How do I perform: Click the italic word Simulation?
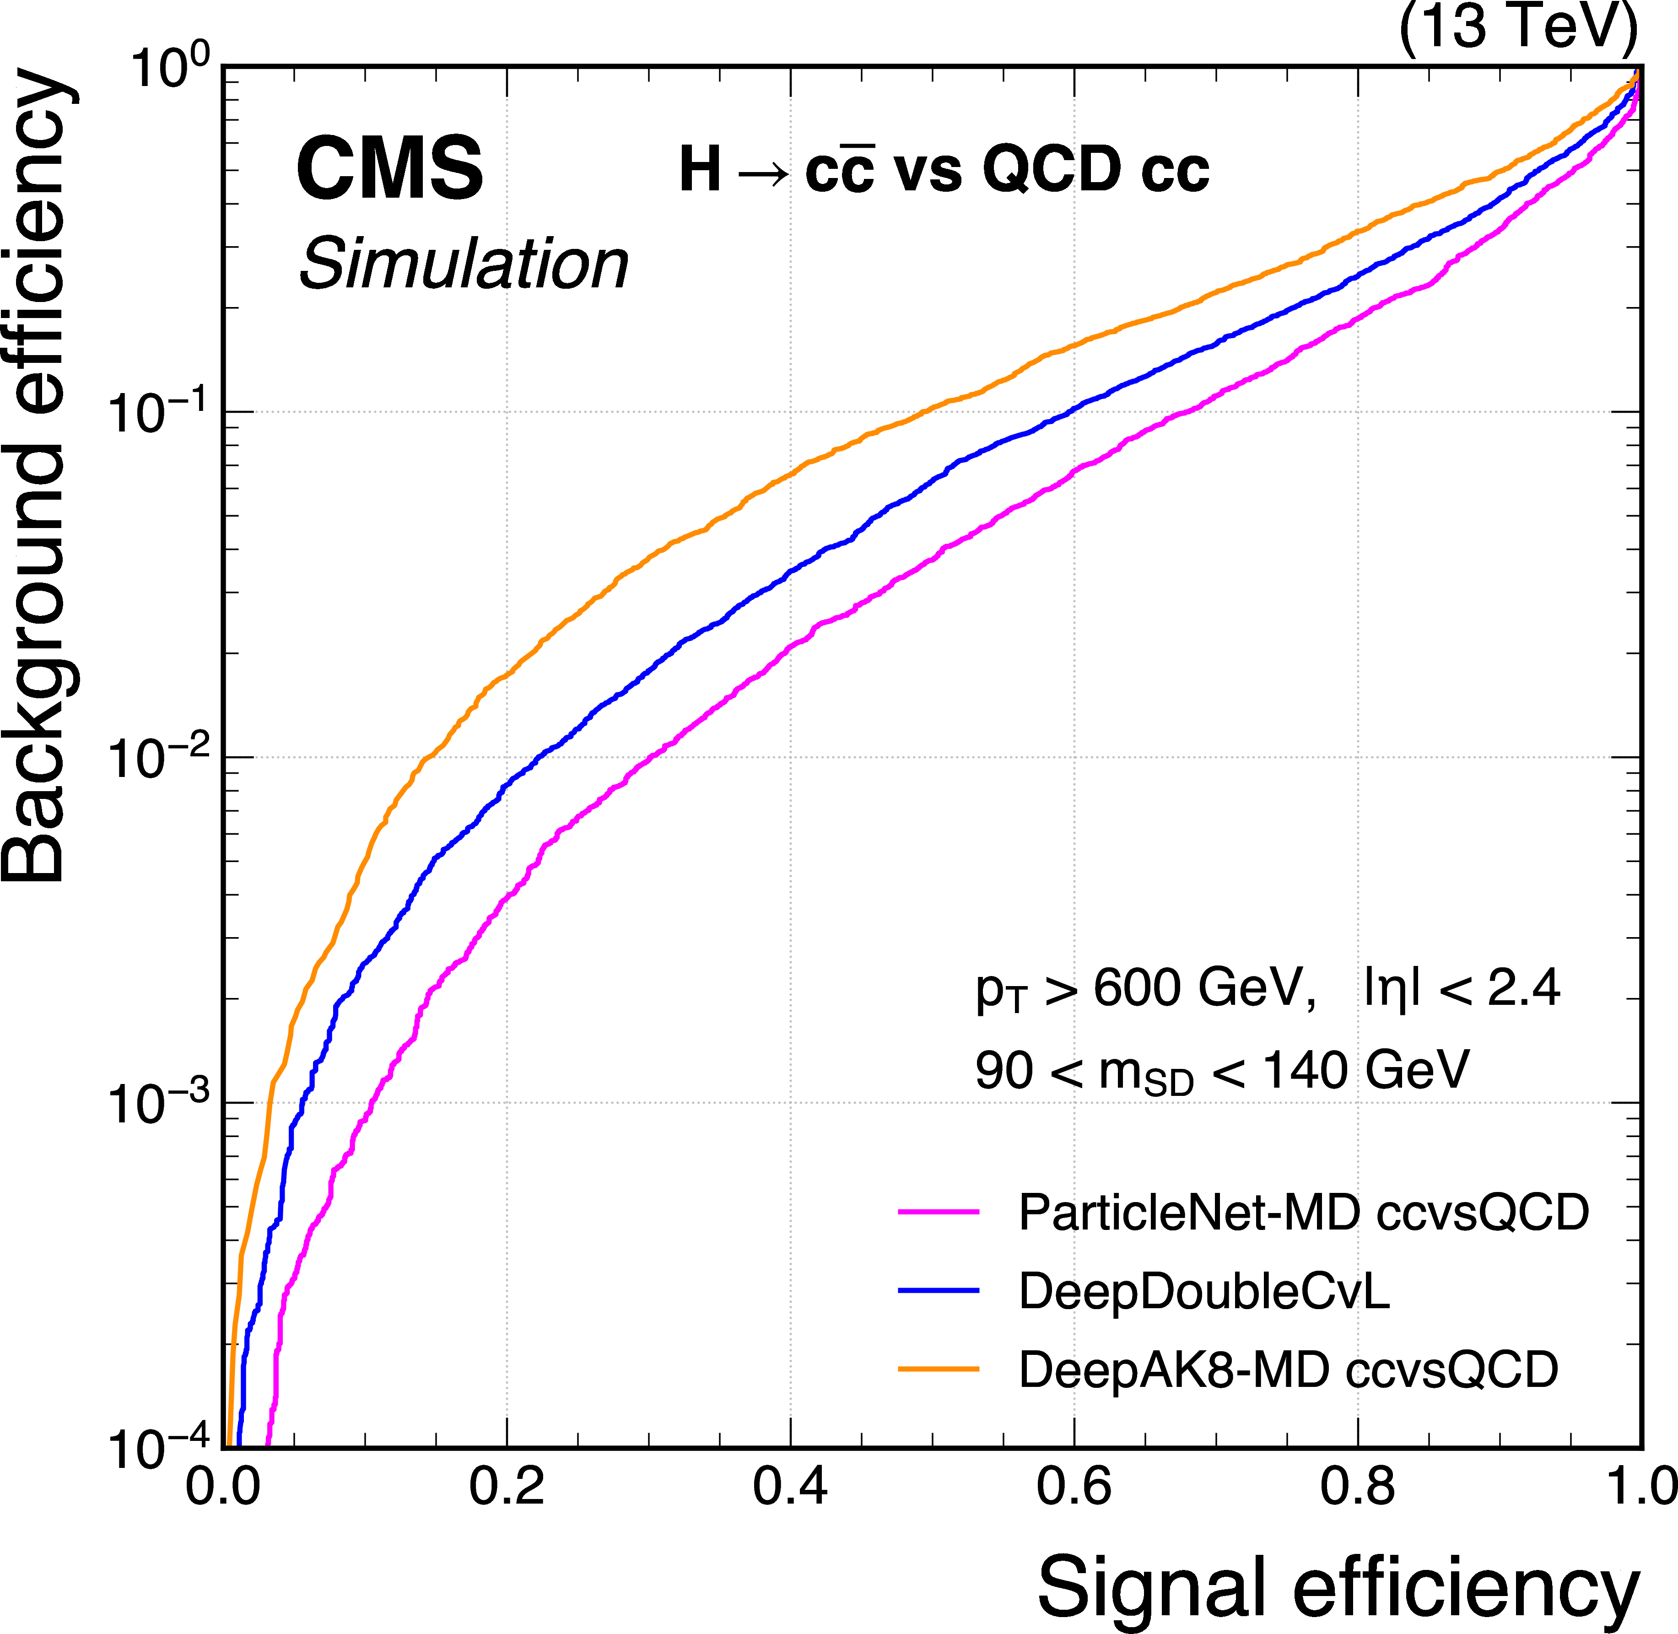click(464, 264)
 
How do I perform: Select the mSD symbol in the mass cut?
click(1146, 1074)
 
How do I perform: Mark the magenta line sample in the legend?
click(938, 1212)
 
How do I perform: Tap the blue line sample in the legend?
click(938, 1290)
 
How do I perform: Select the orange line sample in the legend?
click(938, 1369)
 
